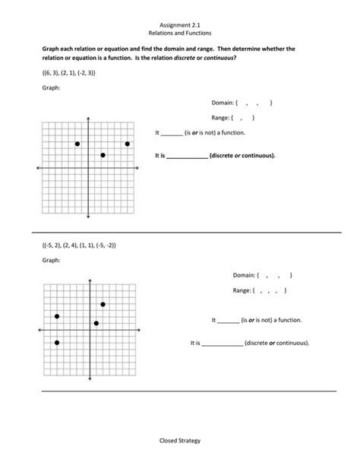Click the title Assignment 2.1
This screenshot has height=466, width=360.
(180, 25)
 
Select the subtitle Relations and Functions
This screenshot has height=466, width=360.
(180, 34)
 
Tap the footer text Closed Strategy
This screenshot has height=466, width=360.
(180, 440)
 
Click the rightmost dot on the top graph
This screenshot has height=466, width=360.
(128, 144)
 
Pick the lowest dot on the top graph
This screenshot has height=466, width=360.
(103, 155)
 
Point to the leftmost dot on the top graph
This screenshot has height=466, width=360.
(77, 144)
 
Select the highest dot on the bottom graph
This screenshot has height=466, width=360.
(103, 304)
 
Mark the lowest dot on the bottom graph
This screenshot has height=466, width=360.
(57, 343)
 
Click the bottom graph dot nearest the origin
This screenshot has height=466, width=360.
(96, 323)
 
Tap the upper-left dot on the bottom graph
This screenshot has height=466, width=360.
(57, 316)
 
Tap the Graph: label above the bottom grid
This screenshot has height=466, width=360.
(50, 261)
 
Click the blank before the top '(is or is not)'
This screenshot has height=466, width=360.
(172, 133)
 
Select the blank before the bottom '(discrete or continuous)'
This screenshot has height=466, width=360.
(223, 344)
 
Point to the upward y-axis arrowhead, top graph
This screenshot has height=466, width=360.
(89, 119)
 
